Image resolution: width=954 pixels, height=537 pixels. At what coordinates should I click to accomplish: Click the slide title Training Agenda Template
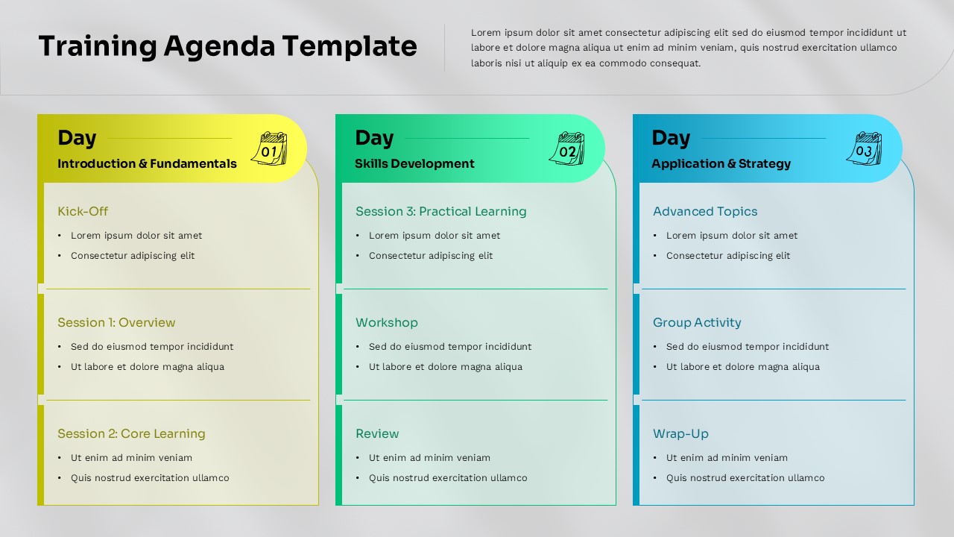(227, 46)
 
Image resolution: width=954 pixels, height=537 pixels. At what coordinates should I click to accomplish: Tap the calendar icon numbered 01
(269, 148)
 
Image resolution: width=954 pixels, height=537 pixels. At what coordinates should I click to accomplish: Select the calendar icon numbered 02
(567, 148)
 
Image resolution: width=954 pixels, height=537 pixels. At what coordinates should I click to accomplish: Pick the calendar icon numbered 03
(864, 148)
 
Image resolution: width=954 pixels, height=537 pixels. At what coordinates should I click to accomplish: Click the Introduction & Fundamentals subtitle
(147, 164)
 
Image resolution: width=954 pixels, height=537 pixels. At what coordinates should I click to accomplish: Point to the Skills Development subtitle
(414, 164)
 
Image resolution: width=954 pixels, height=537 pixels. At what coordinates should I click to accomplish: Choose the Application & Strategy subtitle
(721, 164)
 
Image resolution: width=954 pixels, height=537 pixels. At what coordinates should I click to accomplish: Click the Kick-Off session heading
(83, 212)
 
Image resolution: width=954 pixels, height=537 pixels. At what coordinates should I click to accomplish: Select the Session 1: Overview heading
(116, 323)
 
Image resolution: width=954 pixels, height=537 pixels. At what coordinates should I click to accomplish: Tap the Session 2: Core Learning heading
(131, 434)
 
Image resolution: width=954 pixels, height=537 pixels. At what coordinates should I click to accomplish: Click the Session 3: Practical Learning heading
(440, 212)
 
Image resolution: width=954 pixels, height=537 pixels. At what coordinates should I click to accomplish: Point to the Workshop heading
(386, 323)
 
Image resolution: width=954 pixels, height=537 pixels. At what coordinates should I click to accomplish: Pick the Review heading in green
(377, 434)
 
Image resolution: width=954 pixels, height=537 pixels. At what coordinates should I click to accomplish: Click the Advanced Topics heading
(705, 212)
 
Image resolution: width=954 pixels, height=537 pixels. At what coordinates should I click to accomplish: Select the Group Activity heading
(697, 323)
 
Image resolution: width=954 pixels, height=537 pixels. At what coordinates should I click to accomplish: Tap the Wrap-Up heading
(680, 434)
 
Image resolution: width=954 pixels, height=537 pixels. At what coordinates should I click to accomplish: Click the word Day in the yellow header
(77, 138)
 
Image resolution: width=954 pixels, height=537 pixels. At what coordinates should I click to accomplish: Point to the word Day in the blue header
(671, 138)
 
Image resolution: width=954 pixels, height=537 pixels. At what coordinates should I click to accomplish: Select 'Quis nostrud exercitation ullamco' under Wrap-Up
(745, 478)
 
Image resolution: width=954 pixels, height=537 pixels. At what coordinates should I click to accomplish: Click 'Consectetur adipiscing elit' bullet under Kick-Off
(133, 256)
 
